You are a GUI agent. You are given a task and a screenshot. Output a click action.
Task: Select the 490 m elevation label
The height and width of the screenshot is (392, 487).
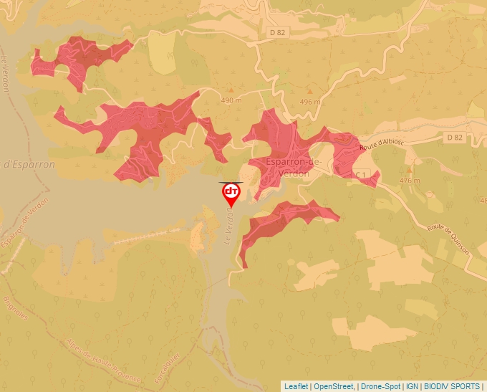click(x=233, y=100)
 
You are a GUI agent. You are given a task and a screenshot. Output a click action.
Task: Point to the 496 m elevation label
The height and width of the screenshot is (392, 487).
click(x=310, y=102)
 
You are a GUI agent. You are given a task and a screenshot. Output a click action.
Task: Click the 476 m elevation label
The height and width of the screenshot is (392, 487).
click(x=410, y=181)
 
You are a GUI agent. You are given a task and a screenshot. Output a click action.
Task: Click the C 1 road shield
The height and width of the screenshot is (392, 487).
click(x=365, y=174)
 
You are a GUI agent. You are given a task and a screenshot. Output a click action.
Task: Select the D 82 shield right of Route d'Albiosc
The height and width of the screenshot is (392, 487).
click(x=454, y=137)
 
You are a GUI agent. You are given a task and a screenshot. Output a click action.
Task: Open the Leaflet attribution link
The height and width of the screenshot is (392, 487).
click(x=296, y=386)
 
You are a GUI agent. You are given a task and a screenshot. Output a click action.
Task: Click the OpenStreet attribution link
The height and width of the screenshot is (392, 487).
click(x=334, y=386)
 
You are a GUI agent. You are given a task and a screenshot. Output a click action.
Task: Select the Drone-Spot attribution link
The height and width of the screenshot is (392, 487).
click(x=380, y=386)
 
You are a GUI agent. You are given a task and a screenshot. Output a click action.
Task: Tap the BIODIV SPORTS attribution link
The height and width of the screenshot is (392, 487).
click(x=452, y=386)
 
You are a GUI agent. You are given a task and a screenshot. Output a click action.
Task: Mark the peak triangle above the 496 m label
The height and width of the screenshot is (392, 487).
click(x=310, y=92)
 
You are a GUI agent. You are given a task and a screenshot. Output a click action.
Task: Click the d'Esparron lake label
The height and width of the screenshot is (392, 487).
click(x=30, y=164)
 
